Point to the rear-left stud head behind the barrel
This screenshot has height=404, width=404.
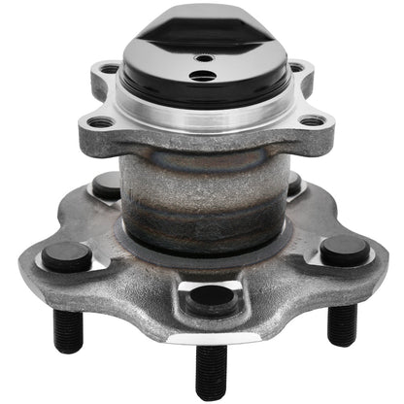point(107,185)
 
